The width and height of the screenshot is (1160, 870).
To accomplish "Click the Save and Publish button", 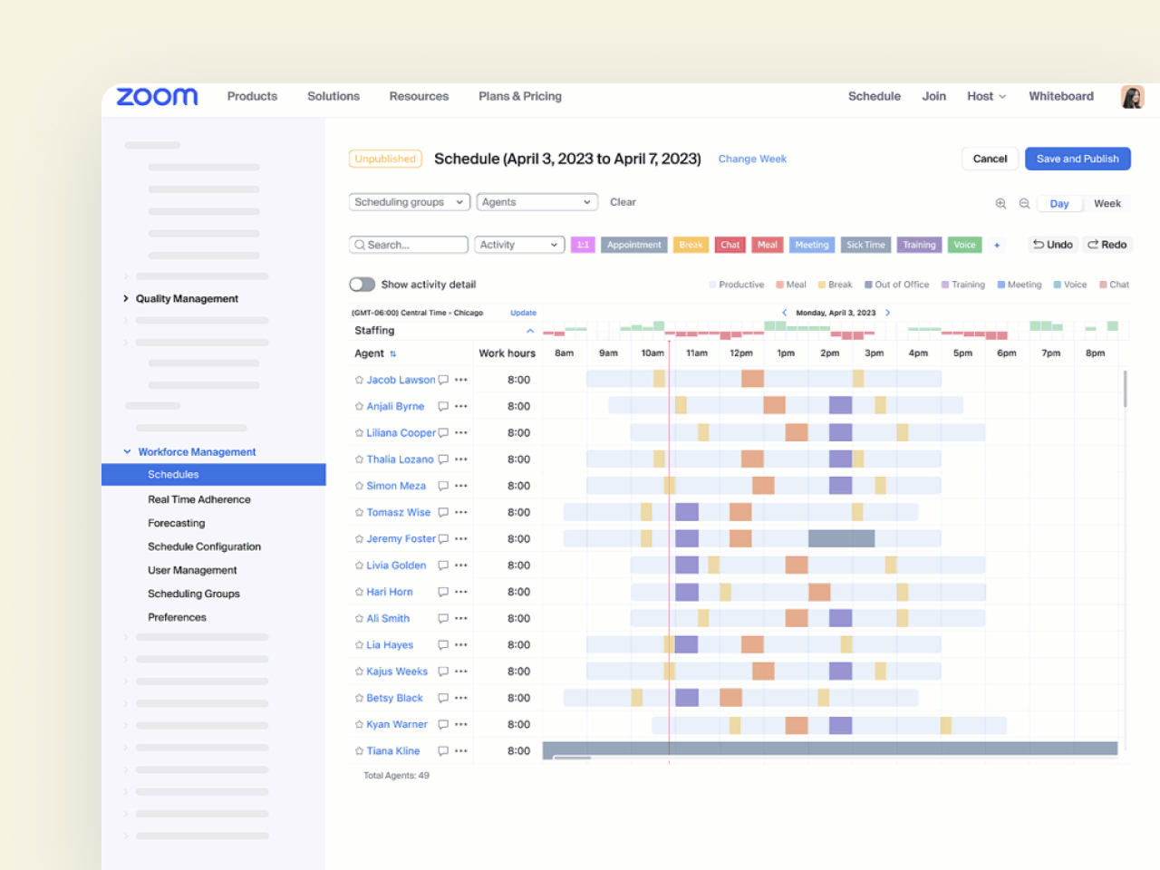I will [1078, 159].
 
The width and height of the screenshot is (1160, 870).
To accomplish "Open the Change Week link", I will [752, 159].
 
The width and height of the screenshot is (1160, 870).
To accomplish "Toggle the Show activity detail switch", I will [362, 285].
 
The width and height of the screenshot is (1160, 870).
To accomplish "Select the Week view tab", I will [1107, 204].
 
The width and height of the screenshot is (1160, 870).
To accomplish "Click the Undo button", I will [1053, 245].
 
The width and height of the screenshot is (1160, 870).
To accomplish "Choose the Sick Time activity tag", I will [865, 245].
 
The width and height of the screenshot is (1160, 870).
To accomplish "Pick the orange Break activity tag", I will [691, 245].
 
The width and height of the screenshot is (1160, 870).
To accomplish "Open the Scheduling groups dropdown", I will [409, 202].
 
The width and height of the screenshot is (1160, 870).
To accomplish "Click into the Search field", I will [409, 245].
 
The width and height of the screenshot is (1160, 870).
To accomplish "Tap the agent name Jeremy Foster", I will [401, 539].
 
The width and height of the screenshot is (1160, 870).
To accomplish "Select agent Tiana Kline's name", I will [392, 751].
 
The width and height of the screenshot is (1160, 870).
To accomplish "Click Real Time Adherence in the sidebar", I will [199, 499].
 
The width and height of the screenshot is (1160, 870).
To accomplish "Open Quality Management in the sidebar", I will [187, 299].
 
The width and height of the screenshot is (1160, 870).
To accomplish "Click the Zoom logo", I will [157, 97].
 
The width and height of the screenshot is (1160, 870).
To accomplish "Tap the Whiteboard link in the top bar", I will [1060, 96].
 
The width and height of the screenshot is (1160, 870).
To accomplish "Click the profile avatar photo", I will [1132, 97].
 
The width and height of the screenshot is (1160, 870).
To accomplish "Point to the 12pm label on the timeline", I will [741, 353].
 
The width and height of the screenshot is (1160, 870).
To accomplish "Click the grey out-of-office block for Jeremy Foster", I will [841, 539].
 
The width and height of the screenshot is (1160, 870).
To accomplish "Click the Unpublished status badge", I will [385, 159].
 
